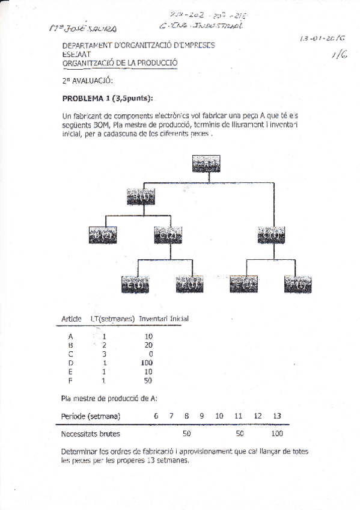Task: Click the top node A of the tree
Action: click(206, 164)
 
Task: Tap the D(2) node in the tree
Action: click(103, 235)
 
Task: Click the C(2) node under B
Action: click(168, 235)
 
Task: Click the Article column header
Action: click(72, 318)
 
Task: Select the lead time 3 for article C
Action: click(104, 354)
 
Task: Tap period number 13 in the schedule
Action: click(276, 416)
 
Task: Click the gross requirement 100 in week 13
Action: click(277, 433)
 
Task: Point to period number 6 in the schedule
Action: click(156, 416)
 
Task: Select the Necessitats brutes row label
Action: click(91, 433)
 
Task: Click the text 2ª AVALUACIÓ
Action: click(87, 81)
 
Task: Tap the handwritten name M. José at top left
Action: click(82, 28)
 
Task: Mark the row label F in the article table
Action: click(71, 380)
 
